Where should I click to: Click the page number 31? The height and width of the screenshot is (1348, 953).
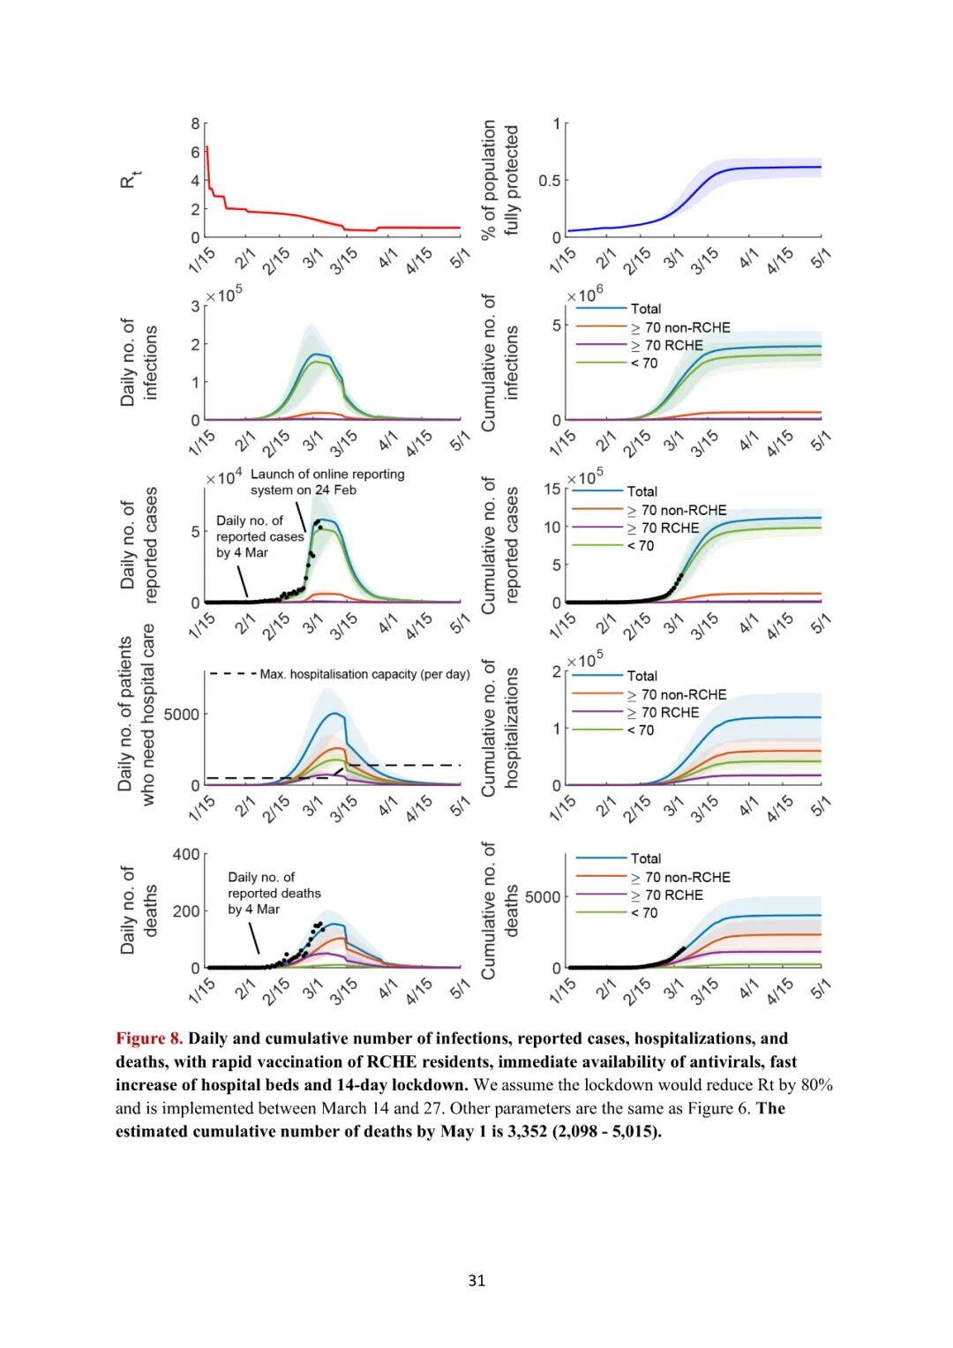(476, 1280)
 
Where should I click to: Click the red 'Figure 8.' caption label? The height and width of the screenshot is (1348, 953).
(149, 1038)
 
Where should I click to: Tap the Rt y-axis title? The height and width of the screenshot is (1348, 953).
(129, 180)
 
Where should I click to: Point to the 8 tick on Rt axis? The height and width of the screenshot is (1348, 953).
(195, 124)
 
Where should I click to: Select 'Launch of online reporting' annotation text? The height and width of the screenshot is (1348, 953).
(327, 474)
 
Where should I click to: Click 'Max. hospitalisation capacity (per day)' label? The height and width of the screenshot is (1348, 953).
(364, 674)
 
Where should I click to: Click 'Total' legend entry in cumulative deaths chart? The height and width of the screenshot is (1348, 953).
(645, 858)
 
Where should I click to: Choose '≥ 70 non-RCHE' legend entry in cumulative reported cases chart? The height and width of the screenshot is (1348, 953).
(683, 510)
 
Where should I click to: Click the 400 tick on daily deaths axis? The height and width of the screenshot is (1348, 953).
(186, 854)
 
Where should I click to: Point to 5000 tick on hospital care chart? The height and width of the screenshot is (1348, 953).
(181, 714)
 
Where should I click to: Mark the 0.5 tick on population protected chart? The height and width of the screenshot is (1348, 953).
(549, 180)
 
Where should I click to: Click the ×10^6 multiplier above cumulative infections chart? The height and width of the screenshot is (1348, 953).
(585, 295)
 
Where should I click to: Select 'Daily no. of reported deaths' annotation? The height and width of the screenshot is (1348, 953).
(274, 893)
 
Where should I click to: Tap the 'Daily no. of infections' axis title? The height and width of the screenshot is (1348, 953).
(139, 362)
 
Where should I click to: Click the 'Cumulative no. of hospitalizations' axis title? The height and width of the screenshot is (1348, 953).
(500, 728)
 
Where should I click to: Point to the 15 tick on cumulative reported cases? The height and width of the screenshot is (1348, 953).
(552, 489)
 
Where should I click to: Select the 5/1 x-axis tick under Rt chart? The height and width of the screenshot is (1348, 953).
(460, 258)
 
